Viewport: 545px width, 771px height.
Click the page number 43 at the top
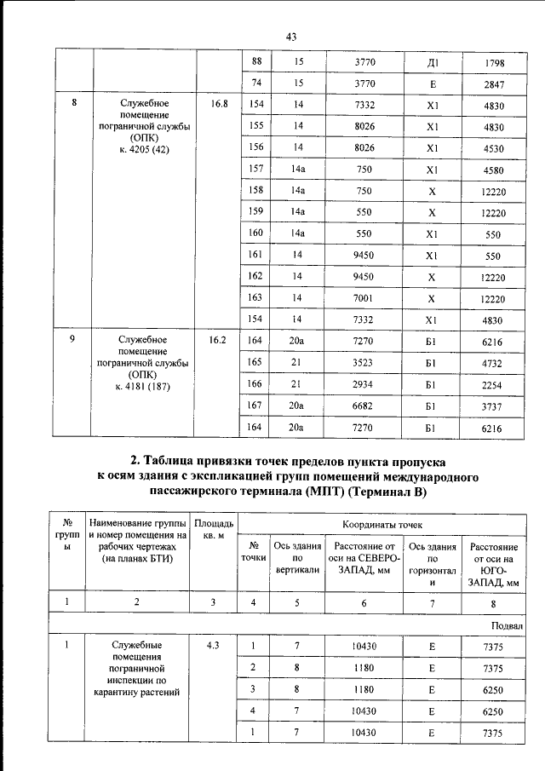(290, 37)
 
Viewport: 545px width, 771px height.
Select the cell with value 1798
(494, 63)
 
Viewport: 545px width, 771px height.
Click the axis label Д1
(432, 63)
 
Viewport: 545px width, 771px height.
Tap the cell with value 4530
(494, 147)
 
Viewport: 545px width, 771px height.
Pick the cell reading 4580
(494, 170)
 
